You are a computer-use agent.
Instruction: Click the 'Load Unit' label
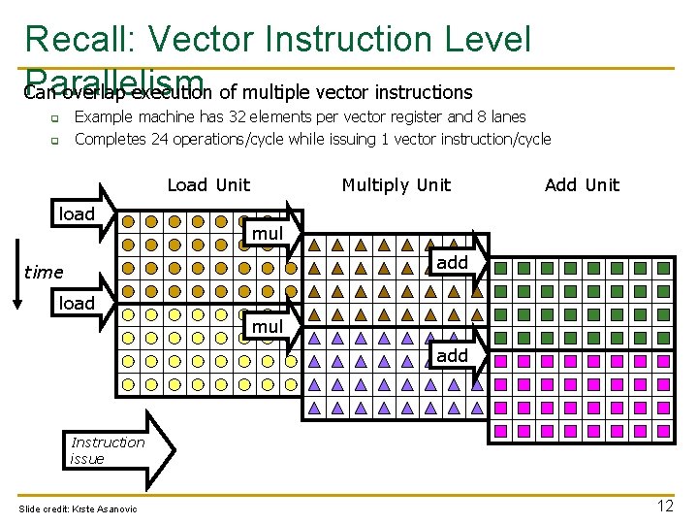208,185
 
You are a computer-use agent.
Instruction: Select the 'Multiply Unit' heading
396,185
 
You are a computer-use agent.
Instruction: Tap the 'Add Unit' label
582,185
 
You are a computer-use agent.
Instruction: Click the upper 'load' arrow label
78,214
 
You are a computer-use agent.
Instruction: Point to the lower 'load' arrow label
78,304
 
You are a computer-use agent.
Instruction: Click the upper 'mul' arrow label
268,234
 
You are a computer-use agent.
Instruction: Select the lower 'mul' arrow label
268,327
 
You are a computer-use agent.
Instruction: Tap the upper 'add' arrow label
452,263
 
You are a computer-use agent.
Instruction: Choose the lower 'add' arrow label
452,356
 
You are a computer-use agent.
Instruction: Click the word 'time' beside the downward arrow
44,273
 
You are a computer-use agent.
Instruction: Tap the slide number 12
665,506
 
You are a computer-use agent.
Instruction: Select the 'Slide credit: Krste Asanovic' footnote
79,509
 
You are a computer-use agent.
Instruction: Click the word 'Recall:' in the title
81,40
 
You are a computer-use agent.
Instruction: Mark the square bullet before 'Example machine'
54,118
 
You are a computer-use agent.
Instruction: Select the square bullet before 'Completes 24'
54,141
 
